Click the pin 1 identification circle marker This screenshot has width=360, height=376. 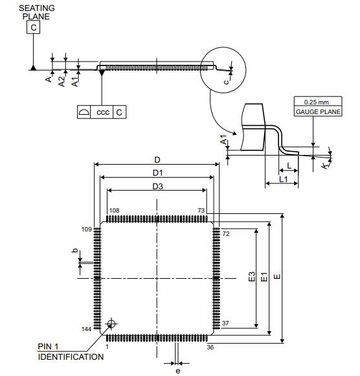coord(111,323)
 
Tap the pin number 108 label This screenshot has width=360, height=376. coord(114,211)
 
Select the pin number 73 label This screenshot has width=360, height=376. coord(201,211)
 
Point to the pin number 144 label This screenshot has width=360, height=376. coord(87,329)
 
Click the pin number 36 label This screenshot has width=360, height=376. coord(210,347)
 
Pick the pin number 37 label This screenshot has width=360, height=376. coord(225,323)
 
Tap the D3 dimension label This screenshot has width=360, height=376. coord(157,186)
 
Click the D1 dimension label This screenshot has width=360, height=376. coord(157,173)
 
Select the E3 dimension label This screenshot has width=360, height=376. coord(252,277)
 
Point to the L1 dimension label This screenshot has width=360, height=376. coord(284,179)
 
